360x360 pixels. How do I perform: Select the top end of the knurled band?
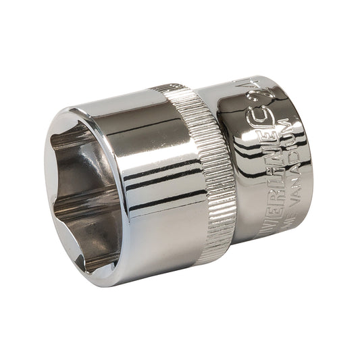(169, 91)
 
